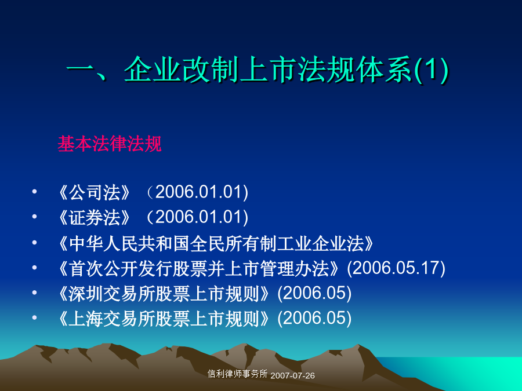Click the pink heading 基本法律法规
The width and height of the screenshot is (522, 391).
coord(110,144)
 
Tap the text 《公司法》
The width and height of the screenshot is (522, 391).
coord(94,192)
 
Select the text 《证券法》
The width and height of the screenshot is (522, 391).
coord(94,218)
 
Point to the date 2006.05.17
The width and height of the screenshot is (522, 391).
coord(396,268)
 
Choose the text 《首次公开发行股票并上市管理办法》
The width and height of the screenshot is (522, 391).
coord(199,268)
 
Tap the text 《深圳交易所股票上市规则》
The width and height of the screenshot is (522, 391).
coord(164,294)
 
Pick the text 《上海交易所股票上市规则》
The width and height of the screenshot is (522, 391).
coord(164,319)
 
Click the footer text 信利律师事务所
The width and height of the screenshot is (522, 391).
coord(237,374)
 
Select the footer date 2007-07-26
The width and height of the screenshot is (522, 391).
coord(293,376)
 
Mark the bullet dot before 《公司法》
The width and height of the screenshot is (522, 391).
coord(34,192)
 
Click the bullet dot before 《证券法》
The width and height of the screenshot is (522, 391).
coord(34,217)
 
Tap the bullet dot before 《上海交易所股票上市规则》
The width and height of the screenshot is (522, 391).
coord(34,317)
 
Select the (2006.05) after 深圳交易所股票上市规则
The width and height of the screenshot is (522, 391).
coord(314,293)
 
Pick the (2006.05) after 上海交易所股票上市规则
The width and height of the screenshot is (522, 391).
coord(314,318)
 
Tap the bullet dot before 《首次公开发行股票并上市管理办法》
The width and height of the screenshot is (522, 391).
coord(34,267)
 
